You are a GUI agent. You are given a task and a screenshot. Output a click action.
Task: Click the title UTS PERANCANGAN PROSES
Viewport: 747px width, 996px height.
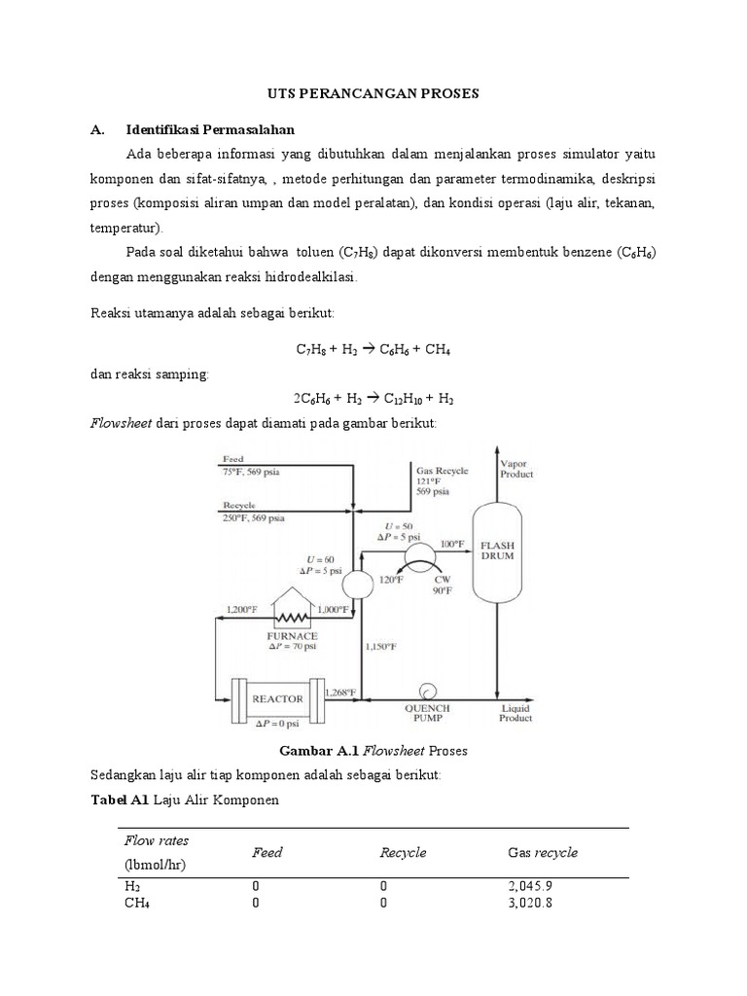[373, 93]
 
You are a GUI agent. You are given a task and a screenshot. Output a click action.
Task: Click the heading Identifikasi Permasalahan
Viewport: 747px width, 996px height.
[210, 129]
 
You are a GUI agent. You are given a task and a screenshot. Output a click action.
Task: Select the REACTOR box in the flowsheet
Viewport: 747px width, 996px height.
[277, 698]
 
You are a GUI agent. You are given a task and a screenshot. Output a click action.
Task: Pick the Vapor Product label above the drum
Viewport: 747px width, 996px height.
[516, 469]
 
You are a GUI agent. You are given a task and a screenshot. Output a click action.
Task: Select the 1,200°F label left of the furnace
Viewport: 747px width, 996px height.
[241, 609]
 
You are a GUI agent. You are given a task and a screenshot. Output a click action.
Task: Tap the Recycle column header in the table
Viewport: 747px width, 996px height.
[403, 852]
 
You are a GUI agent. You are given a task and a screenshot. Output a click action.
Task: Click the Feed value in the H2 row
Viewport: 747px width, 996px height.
[256, 886]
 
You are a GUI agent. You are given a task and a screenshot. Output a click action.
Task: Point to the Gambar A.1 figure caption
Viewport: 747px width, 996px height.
[373, 751]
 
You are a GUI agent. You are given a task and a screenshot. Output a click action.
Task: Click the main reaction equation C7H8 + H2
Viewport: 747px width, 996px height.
[373, 349]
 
